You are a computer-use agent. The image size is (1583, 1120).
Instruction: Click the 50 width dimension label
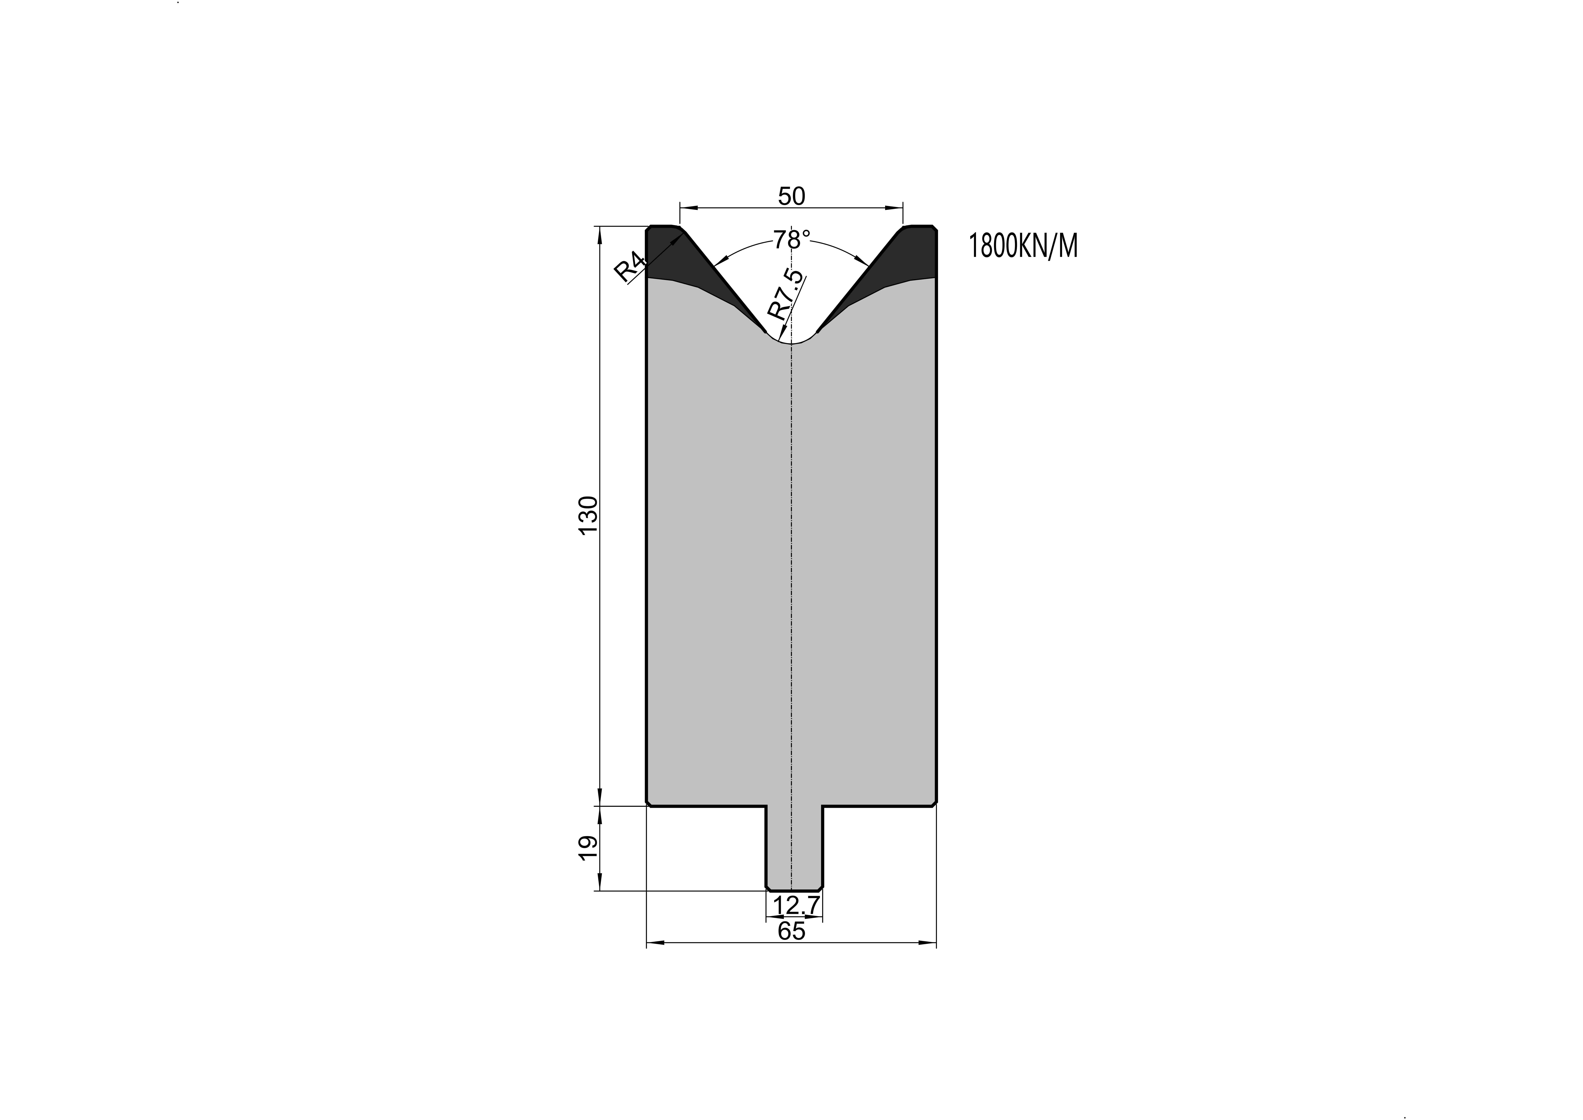pos(792,197)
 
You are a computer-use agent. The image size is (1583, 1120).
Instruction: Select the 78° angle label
pos(792,240)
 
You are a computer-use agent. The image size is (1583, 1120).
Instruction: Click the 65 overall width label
pos(792,931)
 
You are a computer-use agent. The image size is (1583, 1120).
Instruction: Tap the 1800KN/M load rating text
pos(1023,246)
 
